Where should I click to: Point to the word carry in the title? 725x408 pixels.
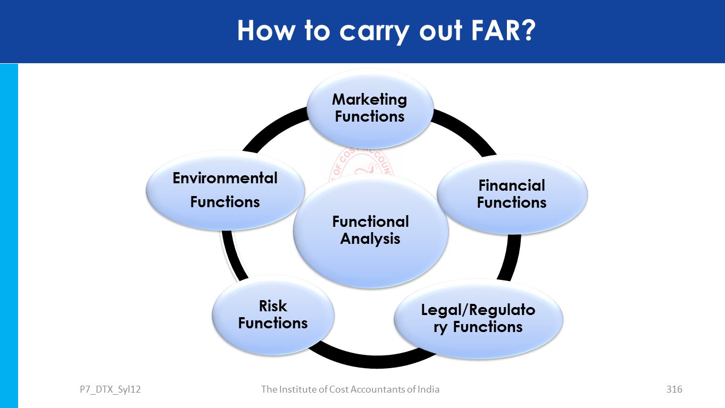(x=373, y=31)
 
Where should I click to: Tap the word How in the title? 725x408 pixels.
(x=264, y=30)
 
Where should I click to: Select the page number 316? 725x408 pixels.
(x=674, y=389)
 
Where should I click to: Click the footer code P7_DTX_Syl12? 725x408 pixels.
(x=106, y=389)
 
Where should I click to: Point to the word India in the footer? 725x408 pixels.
(x=428, y=389)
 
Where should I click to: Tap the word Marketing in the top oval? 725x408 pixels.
(x=370, y=99)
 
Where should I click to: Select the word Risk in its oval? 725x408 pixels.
(x=273, y=306)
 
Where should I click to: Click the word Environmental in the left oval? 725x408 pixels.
(x=225, y=178)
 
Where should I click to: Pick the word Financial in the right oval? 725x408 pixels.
(x=512, y=185)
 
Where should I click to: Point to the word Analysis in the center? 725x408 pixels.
(x=370, y=239)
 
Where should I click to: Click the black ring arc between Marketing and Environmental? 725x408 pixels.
(x=271, y=126)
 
